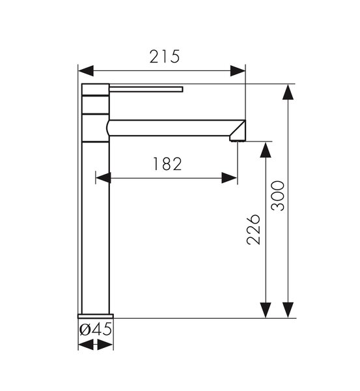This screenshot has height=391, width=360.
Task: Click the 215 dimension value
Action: tap(165, 57)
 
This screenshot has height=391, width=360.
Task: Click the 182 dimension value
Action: tap(167, 164)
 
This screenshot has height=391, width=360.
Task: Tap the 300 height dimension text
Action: tap(278, 196)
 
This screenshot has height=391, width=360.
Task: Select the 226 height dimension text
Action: tap(253, 229)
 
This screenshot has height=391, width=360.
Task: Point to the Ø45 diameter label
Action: tap(96, 329)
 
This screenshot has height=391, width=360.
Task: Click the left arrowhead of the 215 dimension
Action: tap(86, 71)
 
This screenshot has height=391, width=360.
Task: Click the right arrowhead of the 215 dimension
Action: tap(238, 71)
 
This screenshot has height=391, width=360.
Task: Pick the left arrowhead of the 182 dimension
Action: tap(104, 178)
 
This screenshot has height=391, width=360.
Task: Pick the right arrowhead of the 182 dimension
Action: tap(229, 178)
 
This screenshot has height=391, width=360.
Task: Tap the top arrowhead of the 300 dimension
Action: tap(288, 92)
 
